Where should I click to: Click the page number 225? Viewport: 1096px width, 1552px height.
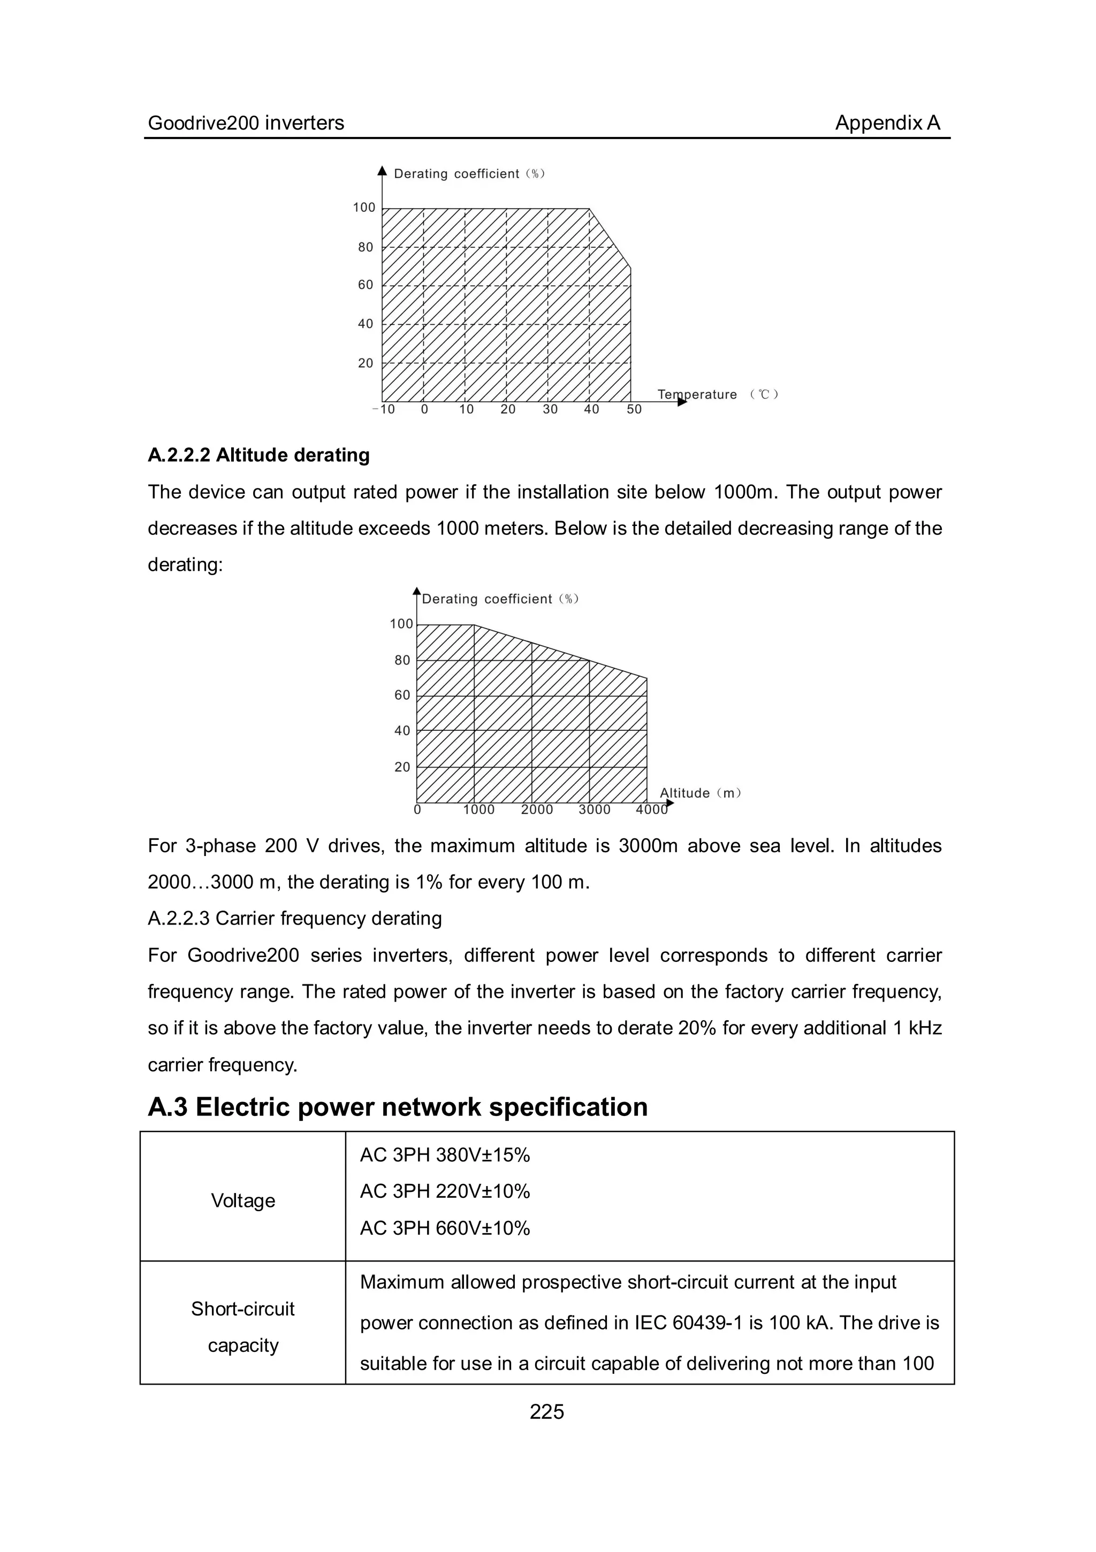point(546,1411)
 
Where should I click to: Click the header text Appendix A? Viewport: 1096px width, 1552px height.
point(887,123)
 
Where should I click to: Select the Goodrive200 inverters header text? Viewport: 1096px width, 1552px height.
point(246,123)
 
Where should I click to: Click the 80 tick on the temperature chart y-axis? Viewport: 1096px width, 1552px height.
point(365,247)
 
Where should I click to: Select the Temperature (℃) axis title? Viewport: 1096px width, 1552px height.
point(717,394)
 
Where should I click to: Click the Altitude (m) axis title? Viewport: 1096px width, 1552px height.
point(701,793)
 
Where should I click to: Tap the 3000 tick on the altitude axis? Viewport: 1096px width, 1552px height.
point(595,810)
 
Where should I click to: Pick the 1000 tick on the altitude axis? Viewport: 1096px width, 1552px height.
point(478,810)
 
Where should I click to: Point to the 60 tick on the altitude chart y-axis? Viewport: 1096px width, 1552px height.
point(402,695)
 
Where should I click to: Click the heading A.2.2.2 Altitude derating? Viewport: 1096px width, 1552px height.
point(258,455)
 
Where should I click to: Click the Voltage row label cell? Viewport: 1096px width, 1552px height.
point(243,1201)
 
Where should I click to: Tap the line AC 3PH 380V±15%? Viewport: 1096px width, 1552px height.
point(444,1155)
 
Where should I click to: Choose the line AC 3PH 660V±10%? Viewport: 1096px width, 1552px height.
point(444,1228)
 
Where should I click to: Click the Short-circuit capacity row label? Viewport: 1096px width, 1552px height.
point(243,1327)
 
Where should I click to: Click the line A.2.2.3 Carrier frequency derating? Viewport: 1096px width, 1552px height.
point(295,918)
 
